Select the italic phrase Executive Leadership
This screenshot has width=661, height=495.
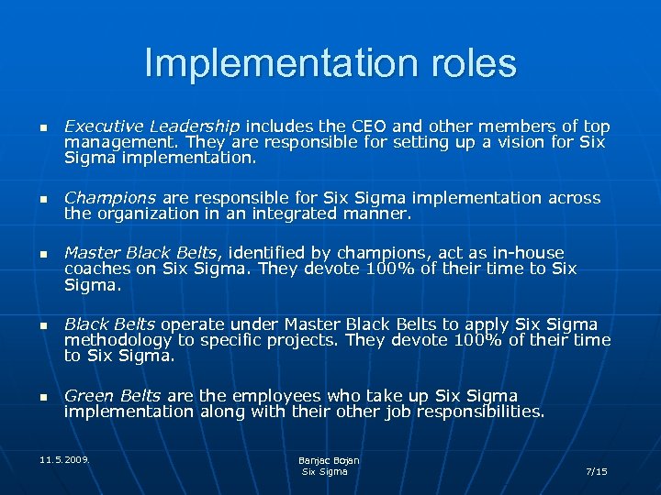pyautogui.click(x=151, y=126)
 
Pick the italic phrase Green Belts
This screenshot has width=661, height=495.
pyautogui.click(x=112, y=396)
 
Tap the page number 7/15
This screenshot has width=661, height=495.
pyautogui.click(x=596, y=471)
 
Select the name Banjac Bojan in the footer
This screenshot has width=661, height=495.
pyautogui.click(x=329, y=460)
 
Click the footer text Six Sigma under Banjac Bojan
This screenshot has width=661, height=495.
pyautogui.click(x=325, y=471)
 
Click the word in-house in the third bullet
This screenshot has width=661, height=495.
pyautogui.click(x=527, y=252)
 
